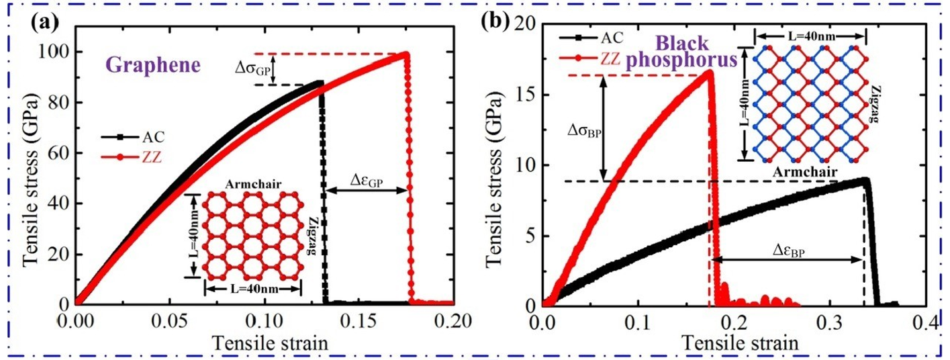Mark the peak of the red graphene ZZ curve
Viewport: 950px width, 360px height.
point(406,54)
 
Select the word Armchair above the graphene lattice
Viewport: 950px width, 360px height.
point(245,183)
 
